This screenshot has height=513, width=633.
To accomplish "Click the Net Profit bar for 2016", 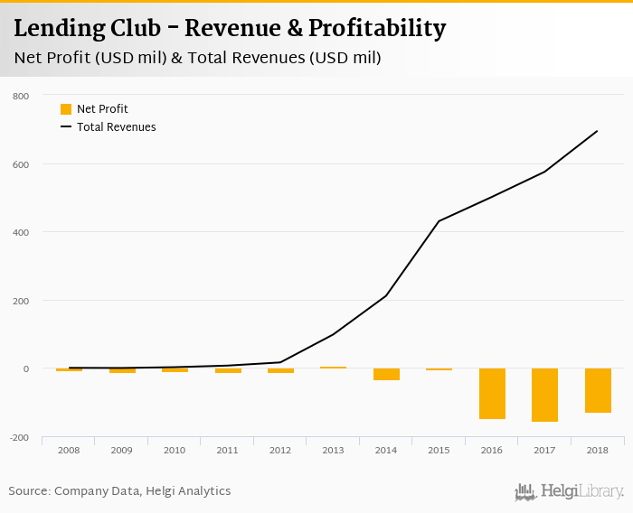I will point(492,394).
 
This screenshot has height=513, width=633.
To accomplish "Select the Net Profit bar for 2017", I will point(544,395).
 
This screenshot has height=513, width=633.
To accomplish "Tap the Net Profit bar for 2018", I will point(598,390).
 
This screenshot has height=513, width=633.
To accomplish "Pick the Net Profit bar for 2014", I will point(386,374).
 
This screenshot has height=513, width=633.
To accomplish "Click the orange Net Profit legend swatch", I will point(66,109).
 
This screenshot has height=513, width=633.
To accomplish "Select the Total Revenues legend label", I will point(116,127).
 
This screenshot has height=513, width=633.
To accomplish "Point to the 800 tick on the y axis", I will point(21,96).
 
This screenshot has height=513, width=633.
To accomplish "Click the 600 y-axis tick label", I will point(21,164).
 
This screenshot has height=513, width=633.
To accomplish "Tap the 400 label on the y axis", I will point(21,232).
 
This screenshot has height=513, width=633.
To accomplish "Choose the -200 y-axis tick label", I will point(20,437).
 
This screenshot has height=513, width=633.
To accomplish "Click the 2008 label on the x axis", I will point(69,450).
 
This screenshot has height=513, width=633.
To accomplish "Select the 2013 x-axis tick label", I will point(333,450).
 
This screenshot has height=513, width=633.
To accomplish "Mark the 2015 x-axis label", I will point(439,450).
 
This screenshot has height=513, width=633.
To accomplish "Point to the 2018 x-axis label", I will point(598,450).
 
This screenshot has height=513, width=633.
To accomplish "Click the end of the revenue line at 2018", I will point(598,131).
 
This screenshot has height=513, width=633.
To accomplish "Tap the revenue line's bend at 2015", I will point(439,221).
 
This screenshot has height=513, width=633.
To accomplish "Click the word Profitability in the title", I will point(377,28).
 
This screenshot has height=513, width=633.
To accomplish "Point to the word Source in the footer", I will point(29,491).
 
